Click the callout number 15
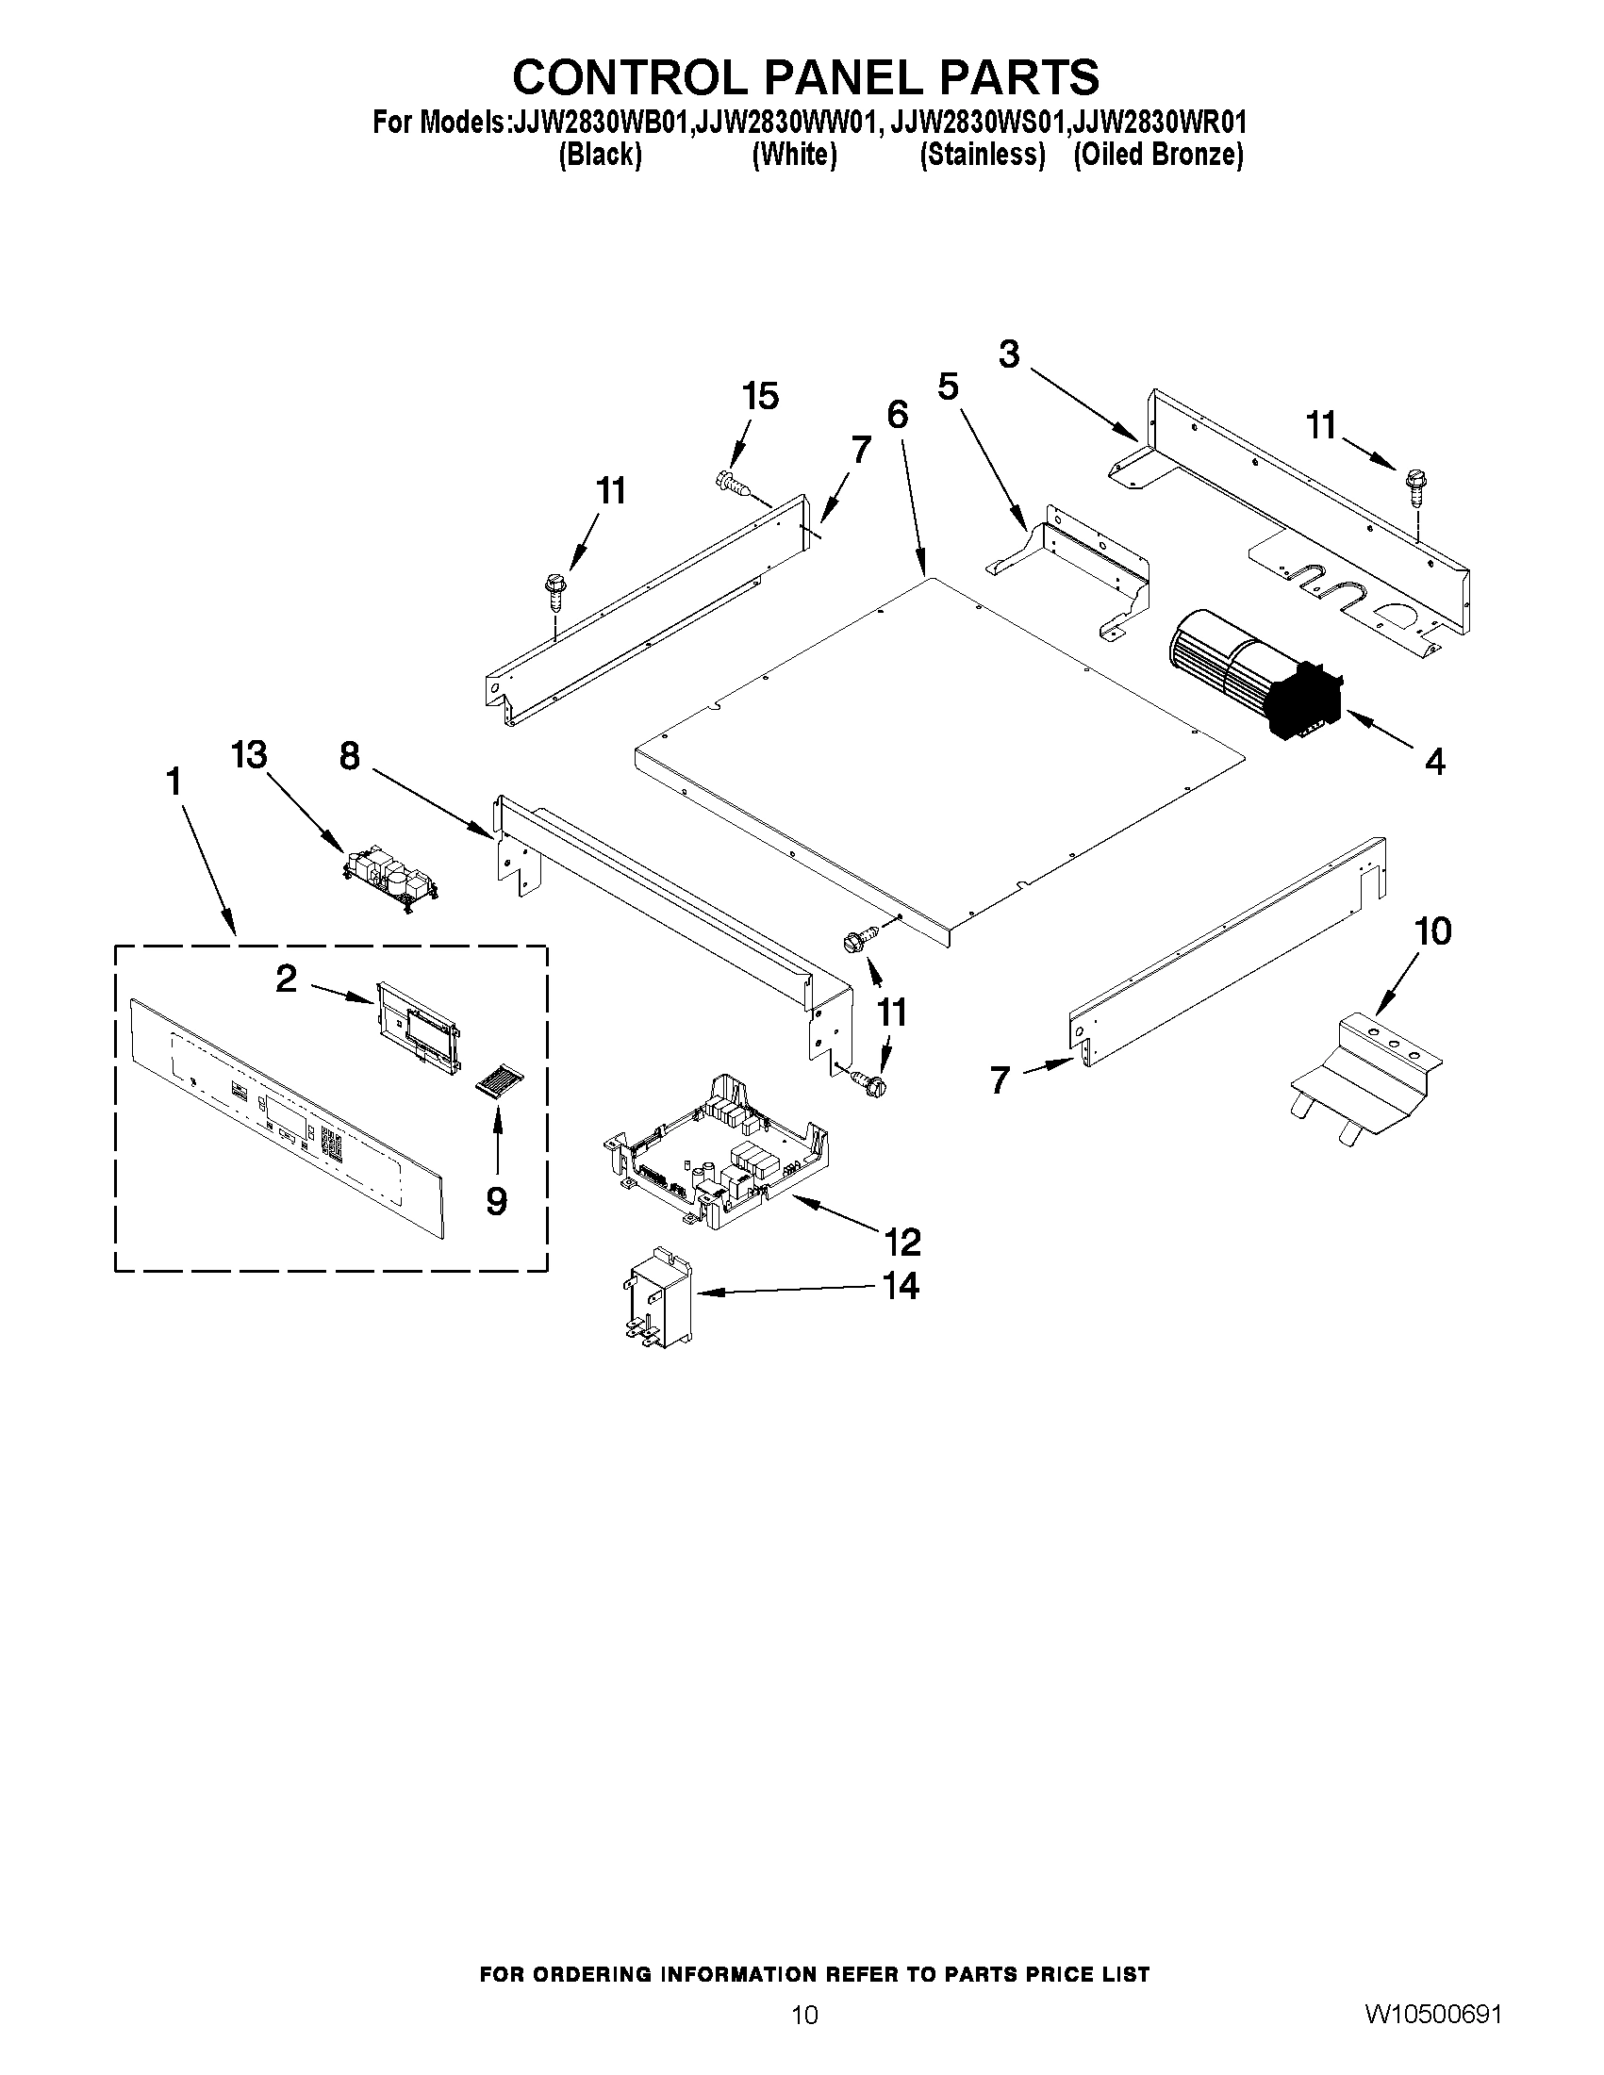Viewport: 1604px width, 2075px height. pyautogui.click(x=760, y=396)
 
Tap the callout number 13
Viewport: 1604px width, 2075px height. pyautogui.click(x=249, y=756)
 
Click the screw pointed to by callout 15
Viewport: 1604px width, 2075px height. pyautogui.click(x=734, y=485)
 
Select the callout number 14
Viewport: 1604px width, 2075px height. pyautogui.click(x=901, y=1286)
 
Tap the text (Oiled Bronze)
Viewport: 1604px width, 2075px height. pyautogui.click(x=1157, y=155)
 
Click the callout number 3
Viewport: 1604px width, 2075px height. pyautogui.click(x=1009, y=354)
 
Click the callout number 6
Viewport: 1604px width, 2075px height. pyautogui.click(x=897, y=415)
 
